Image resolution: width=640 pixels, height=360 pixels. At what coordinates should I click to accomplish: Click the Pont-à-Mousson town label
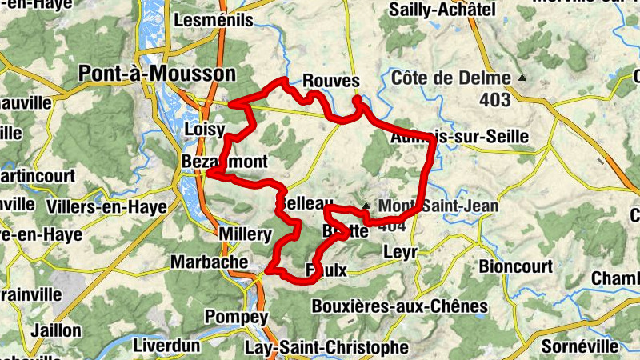[x=158, y=74]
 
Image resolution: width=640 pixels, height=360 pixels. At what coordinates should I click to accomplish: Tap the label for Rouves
[x=330, y=81]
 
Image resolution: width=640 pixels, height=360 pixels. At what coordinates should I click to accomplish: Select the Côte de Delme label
[x=451, y=78]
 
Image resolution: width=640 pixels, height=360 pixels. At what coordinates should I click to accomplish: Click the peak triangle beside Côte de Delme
[x=522, y=78]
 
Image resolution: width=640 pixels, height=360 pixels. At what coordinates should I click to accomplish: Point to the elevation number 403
[x=496, y=101]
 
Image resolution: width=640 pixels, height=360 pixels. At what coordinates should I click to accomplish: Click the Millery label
[x=246, y=234]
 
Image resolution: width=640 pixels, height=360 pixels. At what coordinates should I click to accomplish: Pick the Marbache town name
[x=210, y=262]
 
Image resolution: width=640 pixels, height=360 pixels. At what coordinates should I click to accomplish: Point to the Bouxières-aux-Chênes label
[x=399, y=306]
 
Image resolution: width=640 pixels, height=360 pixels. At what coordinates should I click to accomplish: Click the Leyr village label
[x=400, y=252]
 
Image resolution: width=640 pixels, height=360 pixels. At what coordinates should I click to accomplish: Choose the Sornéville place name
[x=580, y=346]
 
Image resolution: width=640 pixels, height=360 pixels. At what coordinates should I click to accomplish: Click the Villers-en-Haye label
[x=106, y=207]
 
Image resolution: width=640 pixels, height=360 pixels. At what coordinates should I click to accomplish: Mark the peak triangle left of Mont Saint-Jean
[x=366, y=206]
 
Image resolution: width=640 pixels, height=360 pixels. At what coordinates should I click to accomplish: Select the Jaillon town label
[x=56, y=330]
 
